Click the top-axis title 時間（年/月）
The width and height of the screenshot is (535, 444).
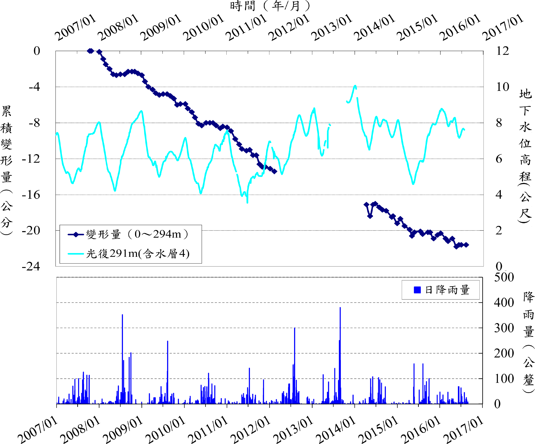[x=270, y=6]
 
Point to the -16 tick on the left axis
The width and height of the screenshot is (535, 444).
[x=31, y=195]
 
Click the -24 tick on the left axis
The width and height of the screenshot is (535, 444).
[x=31, y=266]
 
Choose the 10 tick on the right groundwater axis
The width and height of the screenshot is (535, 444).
[x=502, y=87]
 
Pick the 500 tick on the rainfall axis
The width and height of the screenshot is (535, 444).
[x=504, y=277]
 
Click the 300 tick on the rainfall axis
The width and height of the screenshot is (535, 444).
[x=504, y=328]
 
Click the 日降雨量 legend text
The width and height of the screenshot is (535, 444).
[x=447, y=290]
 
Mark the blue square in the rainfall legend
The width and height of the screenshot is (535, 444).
[x=417, y=290]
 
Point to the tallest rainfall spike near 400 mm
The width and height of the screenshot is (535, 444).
[x=340, y=308]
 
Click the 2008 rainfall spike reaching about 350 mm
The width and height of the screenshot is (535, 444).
[x=122, y=315]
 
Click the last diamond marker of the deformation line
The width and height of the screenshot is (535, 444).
[x=466, y=245]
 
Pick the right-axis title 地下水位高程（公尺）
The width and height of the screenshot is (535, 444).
[x=525, y=155]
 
